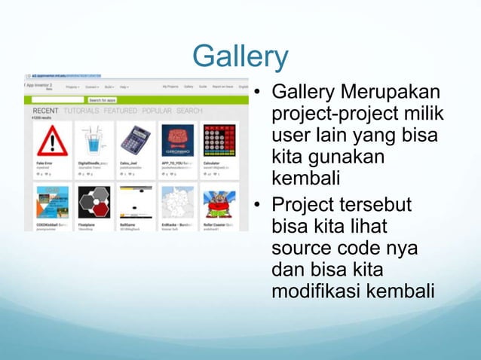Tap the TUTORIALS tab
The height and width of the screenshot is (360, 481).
pos(81,111)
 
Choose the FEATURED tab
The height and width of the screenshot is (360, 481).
pos(121,111)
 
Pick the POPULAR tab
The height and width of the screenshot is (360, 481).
pos(157,111)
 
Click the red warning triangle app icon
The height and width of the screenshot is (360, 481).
pos(51,141)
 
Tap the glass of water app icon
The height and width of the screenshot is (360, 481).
pos(94,141)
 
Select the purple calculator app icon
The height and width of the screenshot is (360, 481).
pos(136,141)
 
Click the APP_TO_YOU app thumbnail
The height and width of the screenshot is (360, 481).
pos(178,141)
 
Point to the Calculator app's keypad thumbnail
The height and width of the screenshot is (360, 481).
pos(220,141)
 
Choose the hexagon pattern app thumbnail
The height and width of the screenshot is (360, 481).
pos(94,201)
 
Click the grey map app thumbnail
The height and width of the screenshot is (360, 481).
pos(178,201)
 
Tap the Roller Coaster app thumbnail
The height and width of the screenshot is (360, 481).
pos(220,201)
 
